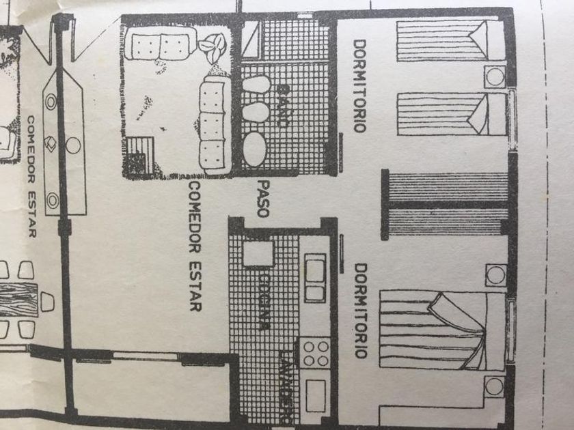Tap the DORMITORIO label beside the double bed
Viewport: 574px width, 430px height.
(x=360, y=311)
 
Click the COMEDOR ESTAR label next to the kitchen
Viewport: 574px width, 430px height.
(x=195, y=246)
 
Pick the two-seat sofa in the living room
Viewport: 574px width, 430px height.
(x=158, y=47)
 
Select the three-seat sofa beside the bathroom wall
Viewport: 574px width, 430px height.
(x=214, y=123)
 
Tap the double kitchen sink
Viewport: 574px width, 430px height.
(x=315, y=278)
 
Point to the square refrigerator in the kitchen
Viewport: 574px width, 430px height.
(x=258, y=253)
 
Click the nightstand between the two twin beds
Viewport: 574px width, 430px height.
(x=495, y=76)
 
